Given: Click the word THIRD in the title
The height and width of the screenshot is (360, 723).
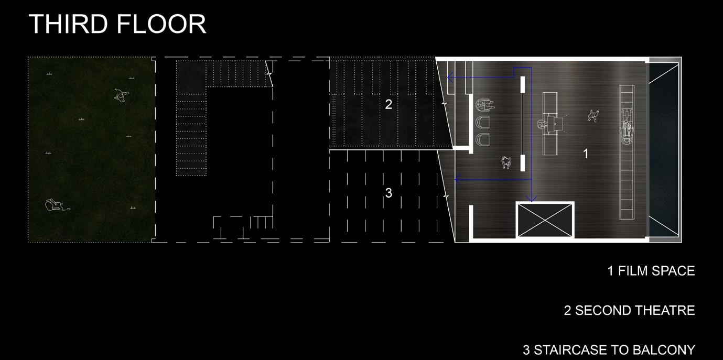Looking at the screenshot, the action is (67, 24).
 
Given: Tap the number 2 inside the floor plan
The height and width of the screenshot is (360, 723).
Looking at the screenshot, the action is (389, 104).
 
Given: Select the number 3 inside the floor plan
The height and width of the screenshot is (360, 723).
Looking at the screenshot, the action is (389, 193).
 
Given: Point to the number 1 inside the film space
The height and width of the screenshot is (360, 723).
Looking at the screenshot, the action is (586, 154).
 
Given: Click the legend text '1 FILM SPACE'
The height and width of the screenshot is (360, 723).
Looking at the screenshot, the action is (651, 271).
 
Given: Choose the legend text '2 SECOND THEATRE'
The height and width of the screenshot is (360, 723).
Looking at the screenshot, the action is (629, 310).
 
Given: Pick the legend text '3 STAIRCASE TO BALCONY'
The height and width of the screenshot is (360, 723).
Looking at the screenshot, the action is (609, 350).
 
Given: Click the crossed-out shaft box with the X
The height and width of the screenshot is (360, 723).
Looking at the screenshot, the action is (545, 220).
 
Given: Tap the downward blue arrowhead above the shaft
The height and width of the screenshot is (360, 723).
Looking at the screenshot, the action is (532, 199).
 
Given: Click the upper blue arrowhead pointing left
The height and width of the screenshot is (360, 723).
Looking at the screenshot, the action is (450, 78).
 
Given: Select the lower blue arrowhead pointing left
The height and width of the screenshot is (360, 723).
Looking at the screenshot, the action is (457, 180).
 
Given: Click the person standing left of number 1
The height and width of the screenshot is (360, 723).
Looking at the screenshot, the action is (593, 115).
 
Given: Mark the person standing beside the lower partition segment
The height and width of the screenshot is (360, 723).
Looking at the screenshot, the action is (506, 162).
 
